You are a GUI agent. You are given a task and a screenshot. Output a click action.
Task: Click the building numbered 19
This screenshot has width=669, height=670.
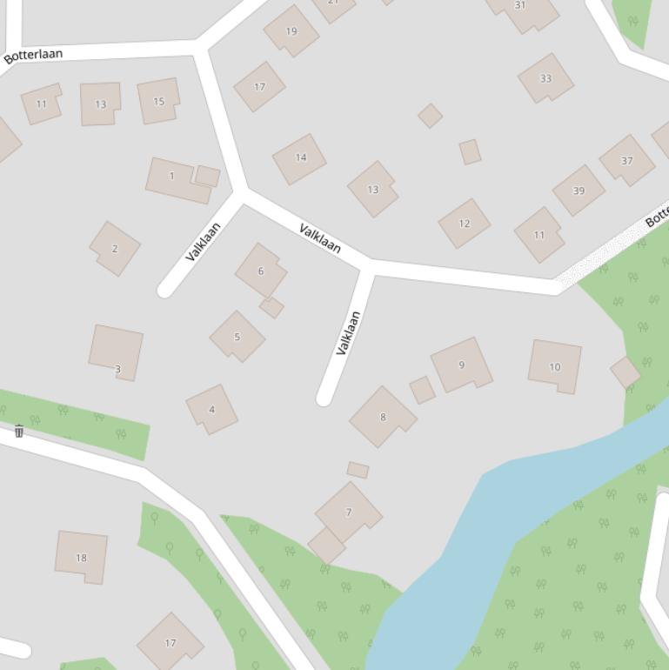pos(291,31)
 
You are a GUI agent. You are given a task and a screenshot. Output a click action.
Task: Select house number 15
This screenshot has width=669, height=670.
pos(158,101)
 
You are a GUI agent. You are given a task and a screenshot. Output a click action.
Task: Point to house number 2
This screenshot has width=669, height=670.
pos(115,249)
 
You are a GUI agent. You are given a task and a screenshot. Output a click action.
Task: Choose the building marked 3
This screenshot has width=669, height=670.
pos(117,352)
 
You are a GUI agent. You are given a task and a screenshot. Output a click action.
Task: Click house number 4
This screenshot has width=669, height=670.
pos(211,409)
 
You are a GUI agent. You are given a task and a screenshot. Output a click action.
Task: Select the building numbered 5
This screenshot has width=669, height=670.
pos(237,337)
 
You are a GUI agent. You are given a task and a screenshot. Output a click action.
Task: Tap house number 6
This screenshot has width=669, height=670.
pos(260,271)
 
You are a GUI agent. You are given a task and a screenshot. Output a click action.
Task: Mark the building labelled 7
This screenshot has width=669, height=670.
pos(348,513)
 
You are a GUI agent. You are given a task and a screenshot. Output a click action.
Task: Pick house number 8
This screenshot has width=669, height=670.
pos(382,417)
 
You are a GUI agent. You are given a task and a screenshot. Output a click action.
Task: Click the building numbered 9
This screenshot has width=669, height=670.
pos(461,365)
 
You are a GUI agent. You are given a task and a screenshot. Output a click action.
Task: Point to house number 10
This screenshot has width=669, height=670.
pos(555,366)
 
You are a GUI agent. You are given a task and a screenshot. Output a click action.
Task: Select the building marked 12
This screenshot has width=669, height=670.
pos(464,224)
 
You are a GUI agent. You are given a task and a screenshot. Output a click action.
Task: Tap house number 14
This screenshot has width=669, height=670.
pos(300,158)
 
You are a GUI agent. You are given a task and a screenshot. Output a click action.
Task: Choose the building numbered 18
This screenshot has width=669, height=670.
pos(82,557)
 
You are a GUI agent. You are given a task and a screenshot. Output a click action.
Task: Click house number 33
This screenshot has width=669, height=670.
pos(545,78)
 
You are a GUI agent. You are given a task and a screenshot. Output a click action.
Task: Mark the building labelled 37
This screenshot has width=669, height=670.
pos(626,161)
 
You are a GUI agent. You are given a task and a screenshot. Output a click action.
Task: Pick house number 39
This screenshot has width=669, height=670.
pos(579,191)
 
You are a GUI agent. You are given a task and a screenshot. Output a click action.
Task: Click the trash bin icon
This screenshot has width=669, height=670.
pos(19,431)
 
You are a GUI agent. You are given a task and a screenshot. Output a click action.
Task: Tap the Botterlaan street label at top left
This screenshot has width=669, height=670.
pos(33,56)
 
